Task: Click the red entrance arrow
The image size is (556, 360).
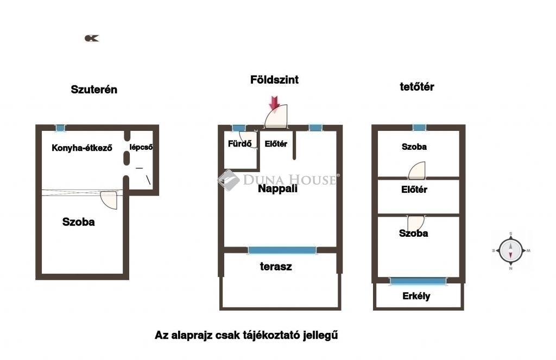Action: tap(274, 103)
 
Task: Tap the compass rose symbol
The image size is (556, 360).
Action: tap(510, 250)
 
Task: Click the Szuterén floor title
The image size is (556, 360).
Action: tap(94, 90)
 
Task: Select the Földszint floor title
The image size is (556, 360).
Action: tap(274, 80)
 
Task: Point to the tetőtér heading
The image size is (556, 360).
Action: tap(416, 87)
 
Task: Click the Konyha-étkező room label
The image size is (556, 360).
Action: tap(82, 148)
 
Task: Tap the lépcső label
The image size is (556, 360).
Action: tap(141, 147)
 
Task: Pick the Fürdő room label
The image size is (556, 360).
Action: tap(239, 144)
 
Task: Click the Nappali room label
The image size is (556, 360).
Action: tap(277, 189)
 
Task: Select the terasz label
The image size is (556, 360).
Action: tap(276, 267)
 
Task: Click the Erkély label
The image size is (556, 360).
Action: tap(416, 296)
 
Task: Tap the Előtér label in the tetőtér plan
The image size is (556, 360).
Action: tap(414, 190)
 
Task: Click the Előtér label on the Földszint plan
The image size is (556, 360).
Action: tap(276, 144)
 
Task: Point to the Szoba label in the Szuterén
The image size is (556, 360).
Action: tap(78, 222)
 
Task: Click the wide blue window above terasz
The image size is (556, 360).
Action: tap(282, 250)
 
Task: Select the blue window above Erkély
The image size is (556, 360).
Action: tap(418, 281)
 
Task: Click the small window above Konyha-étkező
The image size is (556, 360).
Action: tap(60, 128)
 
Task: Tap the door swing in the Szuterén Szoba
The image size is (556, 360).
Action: tap(109, 200)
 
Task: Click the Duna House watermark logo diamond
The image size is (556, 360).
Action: tap(229, 180)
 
